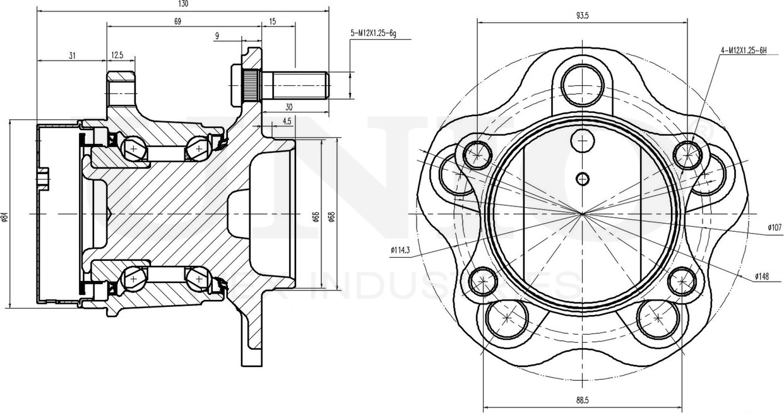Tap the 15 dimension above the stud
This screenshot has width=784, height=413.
point(273,21)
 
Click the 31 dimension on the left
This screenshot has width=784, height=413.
point(73,56)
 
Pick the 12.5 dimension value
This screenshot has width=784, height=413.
point(117,56)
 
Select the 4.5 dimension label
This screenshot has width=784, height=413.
point(287,121)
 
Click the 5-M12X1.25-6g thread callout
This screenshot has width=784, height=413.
point(373,33)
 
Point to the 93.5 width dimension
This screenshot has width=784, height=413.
point(582,16)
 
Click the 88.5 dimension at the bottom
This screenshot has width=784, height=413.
point(582,400)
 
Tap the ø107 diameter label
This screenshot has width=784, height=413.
point(775,227)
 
